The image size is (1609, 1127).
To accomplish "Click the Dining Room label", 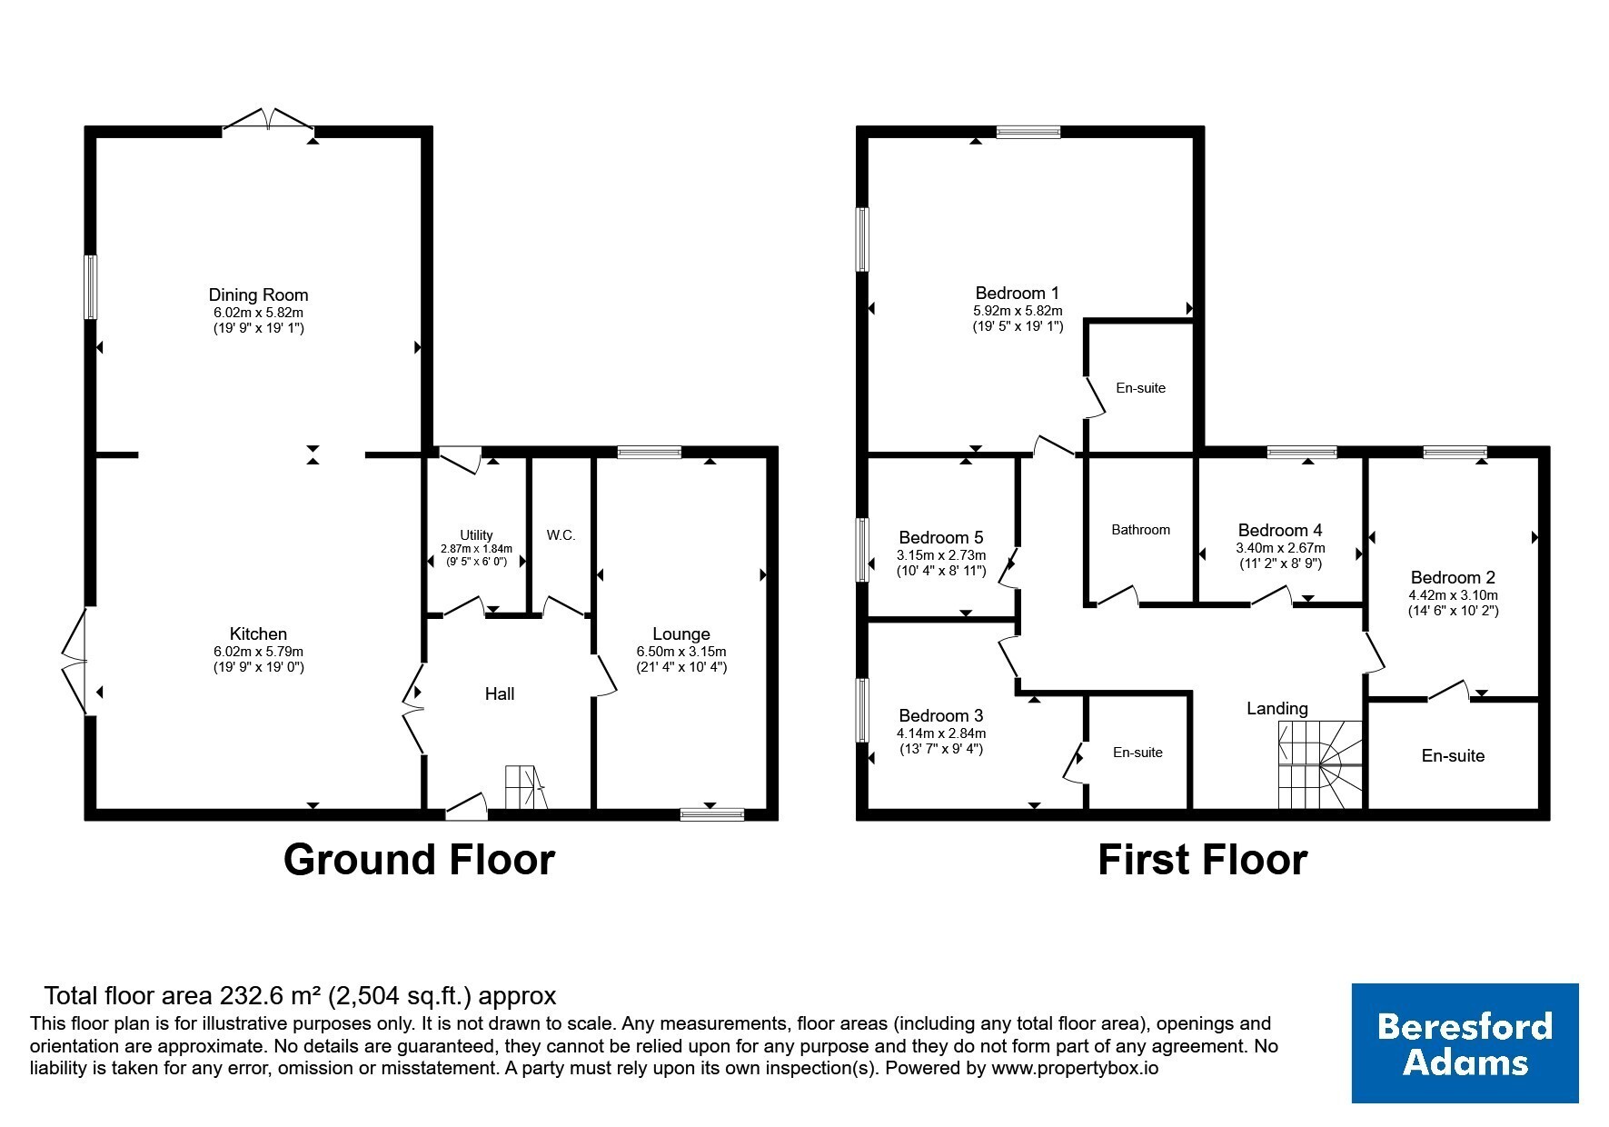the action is tap(258, 294).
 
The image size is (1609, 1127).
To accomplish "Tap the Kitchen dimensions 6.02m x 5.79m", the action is tap(258, 652).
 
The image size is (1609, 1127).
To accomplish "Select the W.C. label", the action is tap(561, 535).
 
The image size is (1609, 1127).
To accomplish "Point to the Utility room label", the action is tap(476, 535).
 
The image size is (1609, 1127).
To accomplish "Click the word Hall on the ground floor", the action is tap(500, 694).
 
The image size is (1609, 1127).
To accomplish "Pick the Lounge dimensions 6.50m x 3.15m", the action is tap(681, 652).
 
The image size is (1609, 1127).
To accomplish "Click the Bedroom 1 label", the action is tap(1017, 293).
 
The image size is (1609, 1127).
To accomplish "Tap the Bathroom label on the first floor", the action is tap(1141, 530).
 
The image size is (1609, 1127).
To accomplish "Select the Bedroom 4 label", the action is tap(1280, 530).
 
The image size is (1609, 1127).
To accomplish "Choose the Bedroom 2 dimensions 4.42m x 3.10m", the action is tap(1453, 595).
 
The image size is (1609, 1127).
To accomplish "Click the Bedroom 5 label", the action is tap(941, 537).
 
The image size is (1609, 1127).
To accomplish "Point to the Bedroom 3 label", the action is tap(941, 715).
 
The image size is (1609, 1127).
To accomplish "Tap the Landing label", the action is tap(1277, 708).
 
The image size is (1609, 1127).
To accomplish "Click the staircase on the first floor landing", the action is tap(1321, 764).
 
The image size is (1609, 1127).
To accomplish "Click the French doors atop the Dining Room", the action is tap(268, 120).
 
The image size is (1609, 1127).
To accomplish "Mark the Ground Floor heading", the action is tap(419, 860).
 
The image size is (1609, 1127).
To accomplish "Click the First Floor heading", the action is tap(1202, 860).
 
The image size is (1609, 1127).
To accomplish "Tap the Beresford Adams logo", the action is tap(1465, 1043).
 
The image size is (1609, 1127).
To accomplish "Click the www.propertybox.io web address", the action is tap(1074, 1069).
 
